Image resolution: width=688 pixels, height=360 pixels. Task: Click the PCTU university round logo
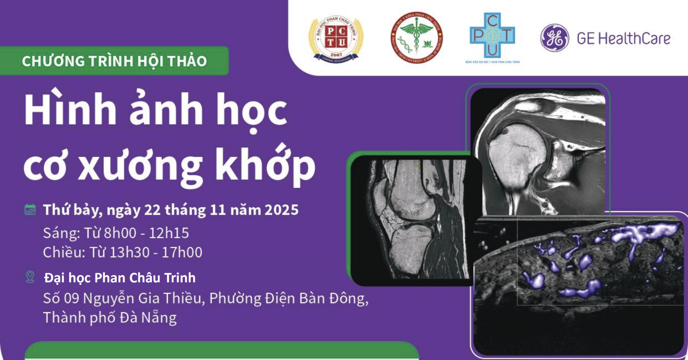coord(336,38)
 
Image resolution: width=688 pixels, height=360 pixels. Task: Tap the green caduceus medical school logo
coord(416,38)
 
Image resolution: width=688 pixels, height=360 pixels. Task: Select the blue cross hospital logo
coord(492,36)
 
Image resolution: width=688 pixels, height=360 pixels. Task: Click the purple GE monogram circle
coord(554,38)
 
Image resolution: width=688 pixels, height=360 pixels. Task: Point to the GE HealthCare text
coord(623,39)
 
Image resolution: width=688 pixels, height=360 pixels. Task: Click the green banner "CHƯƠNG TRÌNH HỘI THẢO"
coord(115,61)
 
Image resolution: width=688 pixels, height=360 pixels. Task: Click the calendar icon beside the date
coord(30,209)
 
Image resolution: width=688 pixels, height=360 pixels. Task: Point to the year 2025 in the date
coord(282,210)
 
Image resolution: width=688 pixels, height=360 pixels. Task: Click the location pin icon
coord(30,277)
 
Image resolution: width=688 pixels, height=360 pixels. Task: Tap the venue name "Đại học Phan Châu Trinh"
coord(120,278)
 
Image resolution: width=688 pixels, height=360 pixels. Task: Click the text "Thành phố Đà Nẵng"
coord(110,317)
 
